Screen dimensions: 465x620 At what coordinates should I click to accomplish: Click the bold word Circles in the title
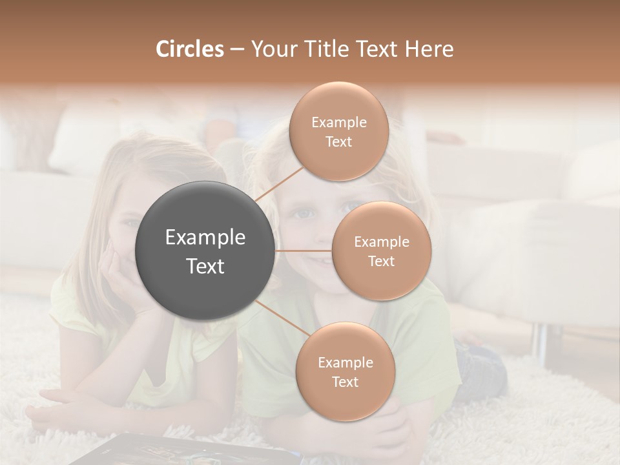pos(189,49)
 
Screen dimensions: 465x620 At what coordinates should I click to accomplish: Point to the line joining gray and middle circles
pos(303,251)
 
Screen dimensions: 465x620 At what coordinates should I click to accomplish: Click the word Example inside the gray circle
pos(205,238)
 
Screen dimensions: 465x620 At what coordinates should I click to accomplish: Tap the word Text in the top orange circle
pos(338,141)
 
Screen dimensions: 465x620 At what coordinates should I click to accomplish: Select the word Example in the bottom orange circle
pos(345,362)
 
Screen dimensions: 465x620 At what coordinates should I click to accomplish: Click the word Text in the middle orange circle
pos(381,261)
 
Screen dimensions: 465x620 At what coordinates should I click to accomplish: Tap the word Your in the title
pos(273,49)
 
